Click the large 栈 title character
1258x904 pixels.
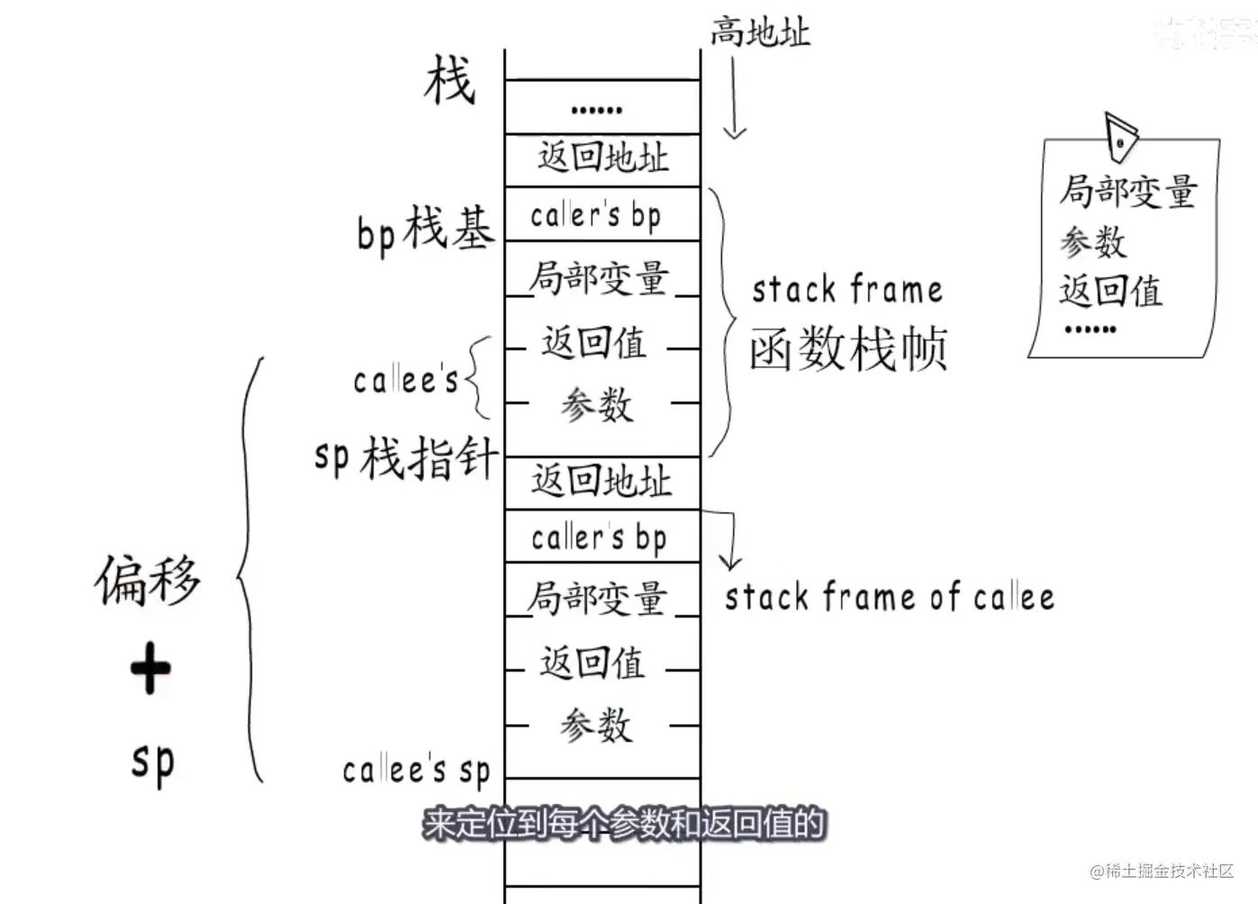coord(449,80)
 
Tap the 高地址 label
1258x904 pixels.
coord(760,32)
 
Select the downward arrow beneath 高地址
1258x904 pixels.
coord(735,99)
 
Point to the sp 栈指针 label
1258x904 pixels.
coord(405,457)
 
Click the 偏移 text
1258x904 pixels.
coord(148,580)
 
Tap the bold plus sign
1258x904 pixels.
coord(149,668)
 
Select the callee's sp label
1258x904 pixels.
coord(416,771)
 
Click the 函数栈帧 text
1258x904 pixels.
coord(848,348)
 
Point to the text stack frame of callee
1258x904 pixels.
coord(889,597)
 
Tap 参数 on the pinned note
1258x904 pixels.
coord(1092,241)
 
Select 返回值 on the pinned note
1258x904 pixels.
coord(1110,291)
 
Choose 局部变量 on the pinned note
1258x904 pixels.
coord(1127,192)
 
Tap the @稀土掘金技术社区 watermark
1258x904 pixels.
coord(1161,871)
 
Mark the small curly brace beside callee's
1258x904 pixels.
coord(477,378)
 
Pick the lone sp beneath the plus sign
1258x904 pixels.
coord(152,763)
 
